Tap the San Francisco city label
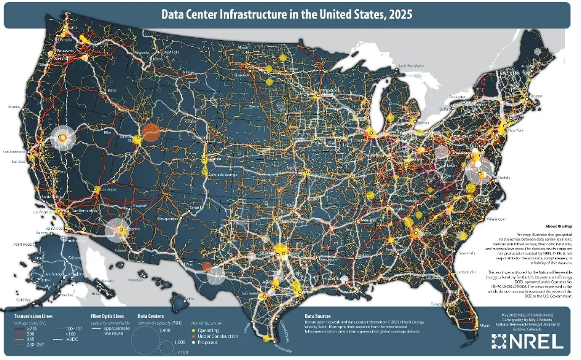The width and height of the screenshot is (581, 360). click(x=15, y=152)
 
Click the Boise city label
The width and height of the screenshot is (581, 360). click(x=112, y=91)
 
